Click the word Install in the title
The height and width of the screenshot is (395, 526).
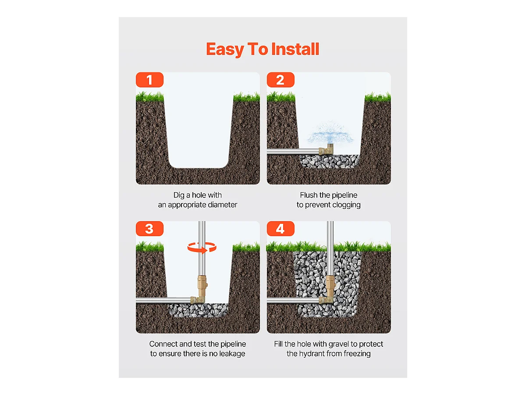[x=295, y=49]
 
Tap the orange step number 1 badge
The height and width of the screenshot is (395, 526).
[x=149, y=79]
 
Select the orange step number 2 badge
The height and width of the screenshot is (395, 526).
[x=281, y=79]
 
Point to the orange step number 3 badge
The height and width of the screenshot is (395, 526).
[x=149, y=229]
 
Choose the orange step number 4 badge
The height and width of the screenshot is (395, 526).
[x=281, y=229]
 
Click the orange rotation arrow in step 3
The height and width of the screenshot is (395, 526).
[x=202, y=247]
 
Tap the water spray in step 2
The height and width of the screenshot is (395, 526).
[x=331, y=133]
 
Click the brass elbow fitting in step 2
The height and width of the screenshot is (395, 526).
[x=327, y=149]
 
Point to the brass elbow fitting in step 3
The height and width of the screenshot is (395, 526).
[x=198, y=300]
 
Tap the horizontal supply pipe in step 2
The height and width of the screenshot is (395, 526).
[x=293, y=151]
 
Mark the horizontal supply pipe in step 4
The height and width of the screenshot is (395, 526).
[x=293, y=301]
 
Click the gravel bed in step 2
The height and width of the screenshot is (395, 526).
[x=330, y=162]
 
